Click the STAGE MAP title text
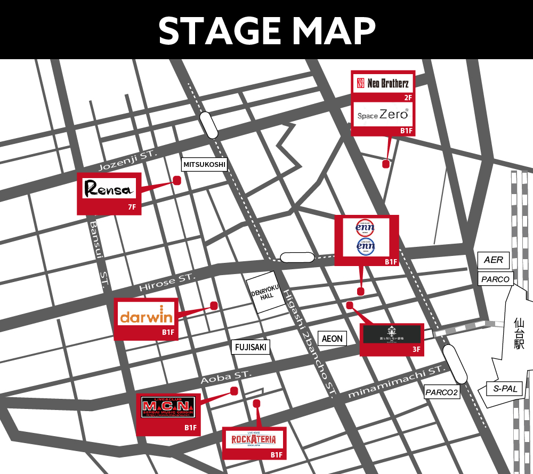pyautogui.click(x=266, y=30)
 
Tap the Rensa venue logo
pyautogui.click(x=110, y=189)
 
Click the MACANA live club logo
pyautogui.click(x=168, y=408)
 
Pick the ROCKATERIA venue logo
pyautogui.click(x=254, y=440)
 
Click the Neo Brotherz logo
pyautogui.click(x=382, y=83)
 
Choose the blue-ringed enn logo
pyautogui.click(x=366, y=247)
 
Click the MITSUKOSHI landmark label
pyautogui.click(x=205, y=165)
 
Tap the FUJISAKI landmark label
pyautogui.click(x=251, y=348)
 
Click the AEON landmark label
pyautogui.click(x=332, y=339)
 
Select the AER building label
pyautogui.click(x=494, y=260)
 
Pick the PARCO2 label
pyautogui.click(x=442, y=392)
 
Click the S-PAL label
pyautogui.click(x=505, y=389)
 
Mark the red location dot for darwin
pyautogui.click(x=214, y=306)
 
